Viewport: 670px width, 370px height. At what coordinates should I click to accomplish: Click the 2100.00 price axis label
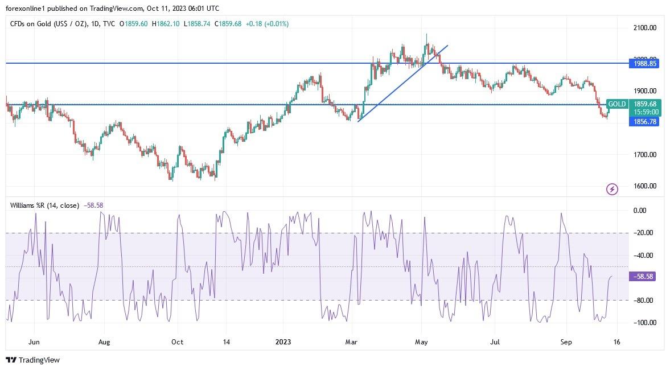(645, 28)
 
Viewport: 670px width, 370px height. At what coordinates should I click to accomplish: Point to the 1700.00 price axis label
(645, 154)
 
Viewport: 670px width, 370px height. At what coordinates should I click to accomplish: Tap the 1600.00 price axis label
(645, 186)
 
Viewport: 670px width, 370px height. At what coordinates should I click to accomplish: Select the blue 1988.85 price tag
(644, 64)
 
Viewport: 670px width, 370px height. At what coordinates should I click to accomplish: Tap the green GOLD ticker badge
(617, 104)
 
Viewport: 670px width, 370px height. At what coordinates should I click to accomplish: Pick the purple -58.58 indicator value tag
(644, 276)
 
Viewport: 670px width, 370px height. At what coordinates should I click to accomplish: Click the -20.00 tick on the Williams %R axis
(644, 233)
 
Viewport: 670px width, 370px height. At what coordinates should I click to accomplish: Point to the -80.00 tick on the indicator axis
(644, 301)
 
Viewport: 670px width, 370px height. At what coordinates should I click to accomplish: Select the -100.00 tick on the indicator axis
(644, 323)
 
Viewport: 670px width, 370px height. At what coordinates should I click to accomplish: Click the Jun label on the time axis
(34, 342)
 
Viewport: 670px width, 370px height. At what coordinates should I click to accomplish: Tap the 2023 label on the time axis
(283, 342)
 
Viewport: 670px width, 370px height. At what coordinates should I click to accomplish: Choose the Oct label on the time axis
(177, 342)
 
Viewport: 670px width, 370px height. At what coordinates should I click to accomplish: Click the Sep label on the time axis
(566, 342)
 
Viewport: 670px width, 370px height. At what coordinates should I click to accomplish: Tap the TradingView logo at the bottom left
(32, 360)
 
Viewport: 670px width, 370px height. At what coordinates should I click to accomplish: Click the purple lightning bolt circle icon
(612, 189)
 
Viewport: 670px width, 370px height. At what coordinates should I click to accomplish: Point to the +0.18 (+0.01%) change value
(266, 24)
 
